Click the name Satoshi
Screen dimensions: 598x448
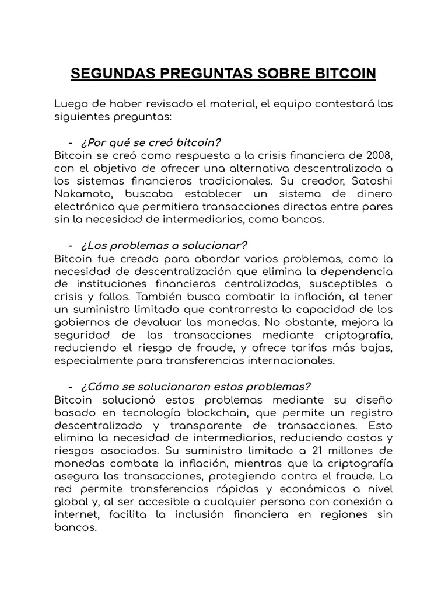[373, 180]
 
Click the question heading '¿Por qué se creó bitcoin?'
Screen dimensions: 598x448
[151, 143]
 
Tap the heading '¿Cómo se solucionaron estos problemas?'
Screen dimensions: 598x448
[196, 387]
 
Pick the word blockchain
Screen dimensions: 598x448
[221, 412]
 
